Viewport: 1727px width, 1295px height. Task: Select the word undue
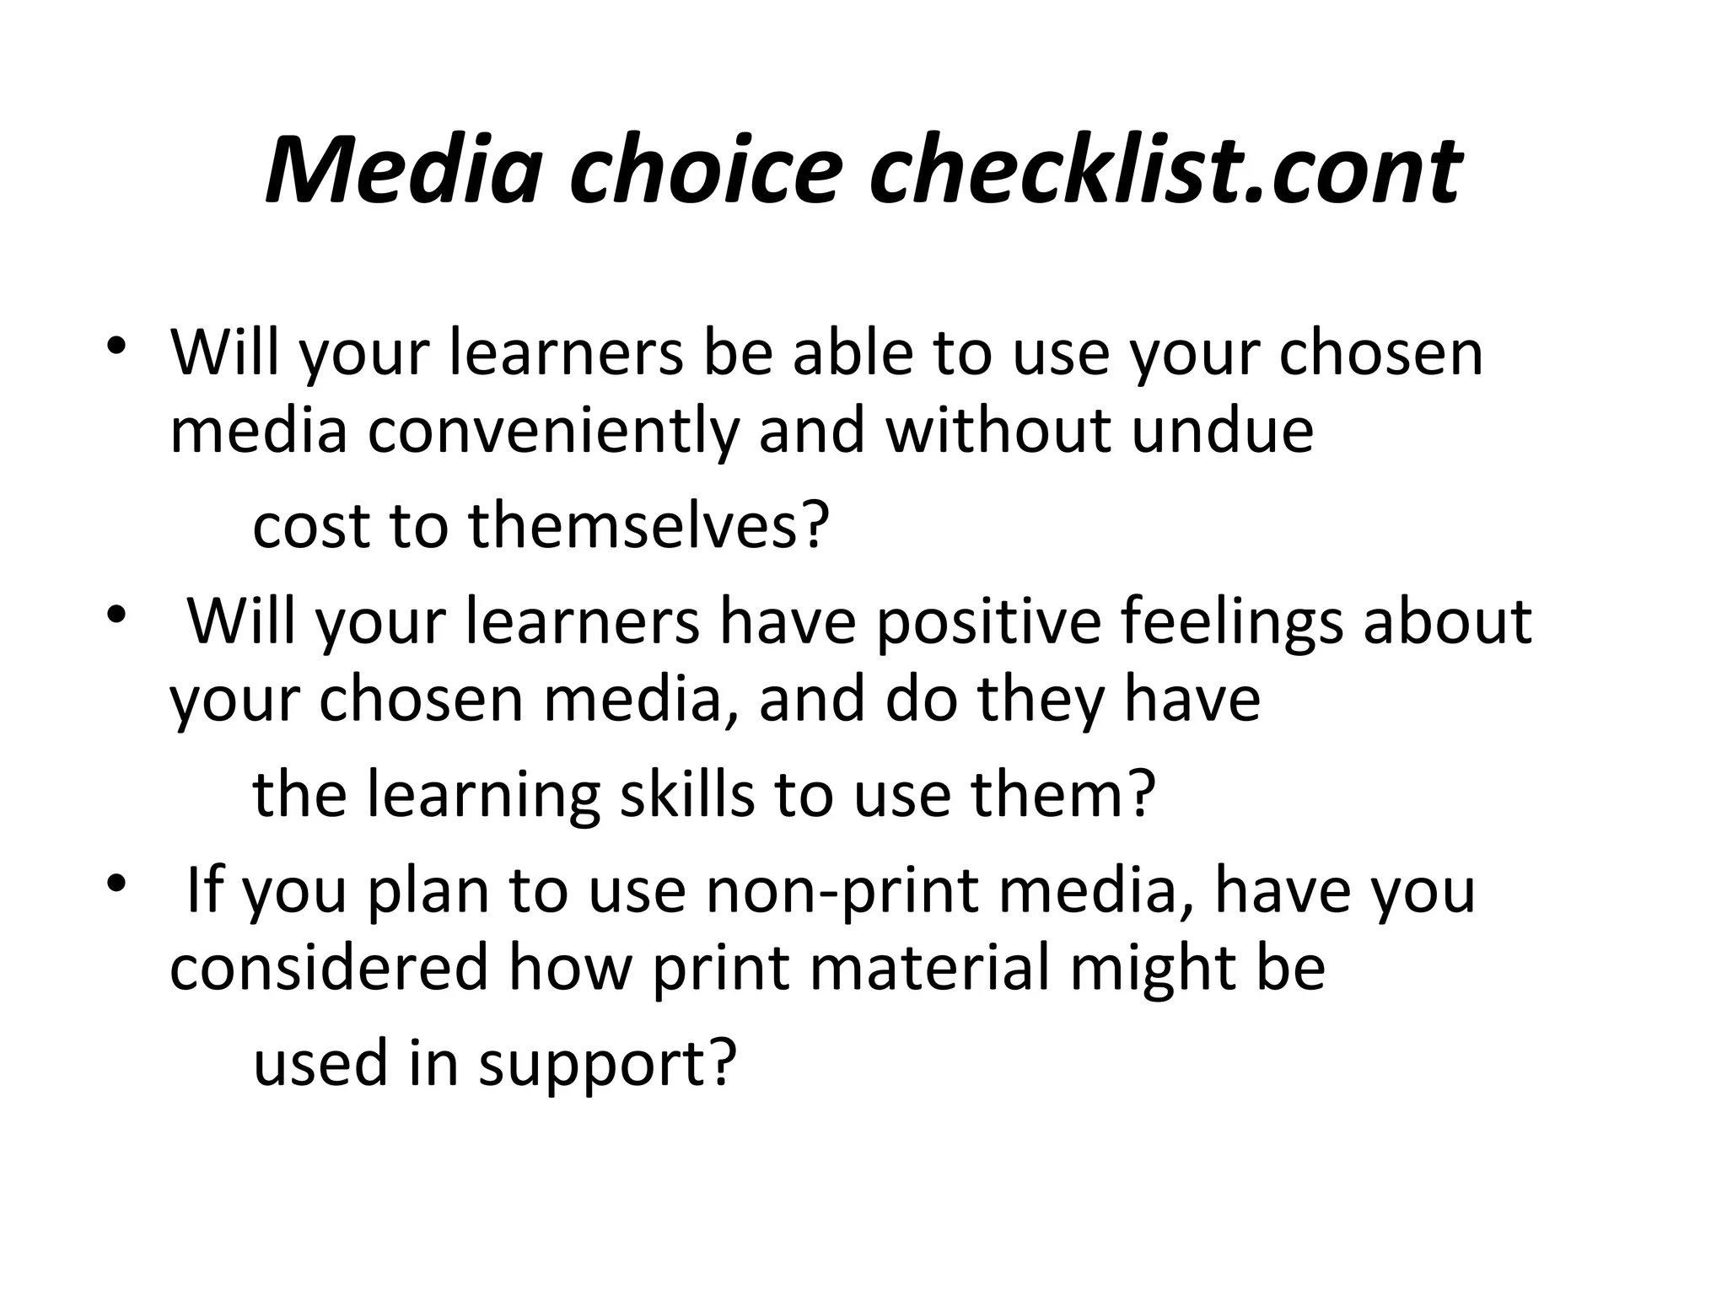tap(1222, 430)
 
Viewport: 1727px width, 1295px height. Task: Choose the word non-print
tap(842, 892)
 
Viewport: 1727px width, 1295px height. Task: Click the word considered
tap(330, 968)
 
